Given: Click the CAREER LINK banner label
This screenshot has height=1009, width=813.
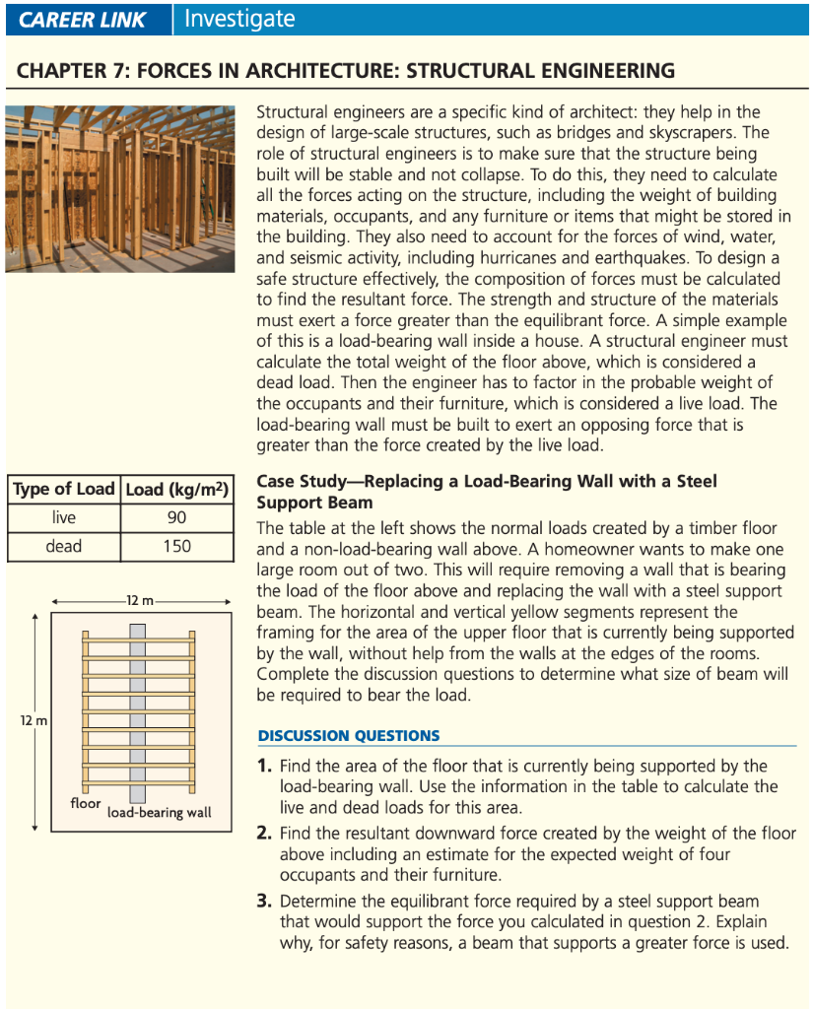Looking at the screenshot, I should tap(83, 20).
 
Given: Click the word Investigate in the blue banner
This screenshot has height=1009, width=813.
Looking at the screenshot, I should tap(238, 19).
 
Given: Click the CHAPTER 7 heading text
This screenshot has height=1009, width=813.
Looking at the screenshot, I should tap(346, 71).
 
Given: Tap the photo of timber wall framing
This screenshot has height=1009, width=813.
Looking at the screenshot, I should tap(119, 188).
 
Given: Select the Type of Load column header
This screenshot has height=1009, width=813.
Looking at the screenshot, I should tap(63, 489).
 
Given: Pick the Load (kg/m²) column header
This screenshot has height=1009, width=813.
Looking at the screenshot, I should tap(177, 489).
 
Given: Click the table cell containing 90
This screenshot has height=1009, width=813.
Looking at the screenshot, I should tap(177, 517).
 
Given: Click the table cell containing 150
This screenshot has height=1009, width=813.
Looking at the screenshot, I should tap(177, 546).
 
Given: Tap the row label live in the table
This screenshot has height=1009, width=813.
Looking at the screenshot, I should tap(63, 517).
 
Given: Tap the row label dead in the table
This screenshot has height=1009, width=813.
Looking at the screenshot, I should tap(63, 546).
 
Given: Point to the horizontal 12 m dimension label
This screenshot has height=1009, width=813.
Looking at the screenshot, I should tap(140, 600).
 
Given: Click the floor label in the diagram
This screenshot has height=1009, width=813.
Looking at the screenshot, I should tap(85, 803).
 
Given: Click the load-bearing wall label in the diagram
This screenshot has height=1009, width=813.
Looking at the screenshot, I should tap(159, 813).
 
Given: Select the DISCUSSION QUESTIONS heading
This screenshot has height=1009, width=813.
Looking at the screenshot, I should tap(349, 736).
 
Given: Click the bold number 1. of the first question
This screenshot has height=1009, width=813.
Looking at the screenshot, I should tap(264, 766).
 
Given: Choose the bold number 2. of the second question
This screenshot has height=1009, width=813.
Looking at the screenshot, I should tap(264, 834).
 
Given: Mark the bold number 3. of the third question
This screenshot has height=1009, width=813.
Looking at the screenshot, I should tap(264, 902).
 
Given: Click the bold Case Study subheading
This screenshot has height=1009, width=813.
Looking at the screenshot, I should tap(487, 492).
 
